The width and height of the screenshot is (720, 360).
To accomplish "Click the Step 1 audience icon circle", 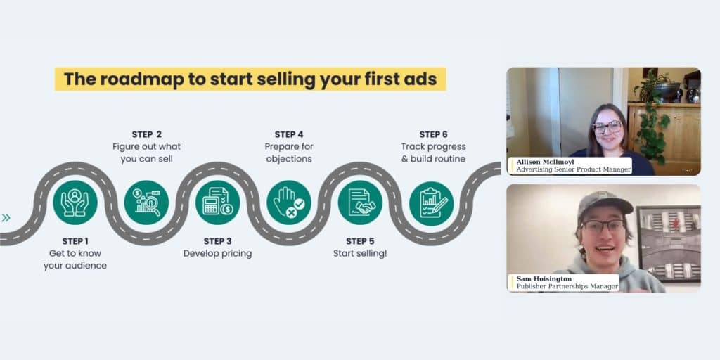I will tap(75, 203).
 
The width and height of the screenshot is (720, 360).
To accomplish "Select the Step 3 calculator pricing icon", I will tap(217, 203).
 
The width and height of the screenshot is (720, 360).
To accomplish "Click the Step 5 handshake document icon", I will tap(360, 203).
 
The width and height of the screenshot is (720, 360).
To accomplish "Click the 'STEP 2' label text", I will tap(146, 134).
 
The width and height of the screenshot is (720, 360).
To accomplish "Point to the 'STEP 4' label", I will tap(289, 134).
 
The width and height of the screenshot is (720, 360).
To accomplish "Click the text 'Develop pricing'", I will tap(217, 253).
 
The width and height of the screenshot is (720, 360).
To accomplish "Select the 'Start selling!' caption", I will tap(360, 253).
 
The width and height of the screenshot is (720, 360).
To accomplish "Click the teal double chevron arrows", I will tap(6, 217).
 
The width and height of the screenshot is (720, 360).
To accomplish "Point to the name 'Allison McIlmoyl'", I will tap(544, 162).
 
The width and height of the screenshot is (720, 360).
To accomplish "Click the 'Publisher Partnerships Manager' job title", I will tap(567, 286).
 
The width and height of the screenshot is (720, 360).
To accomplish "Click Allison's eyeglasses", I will tap(607, 127).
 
